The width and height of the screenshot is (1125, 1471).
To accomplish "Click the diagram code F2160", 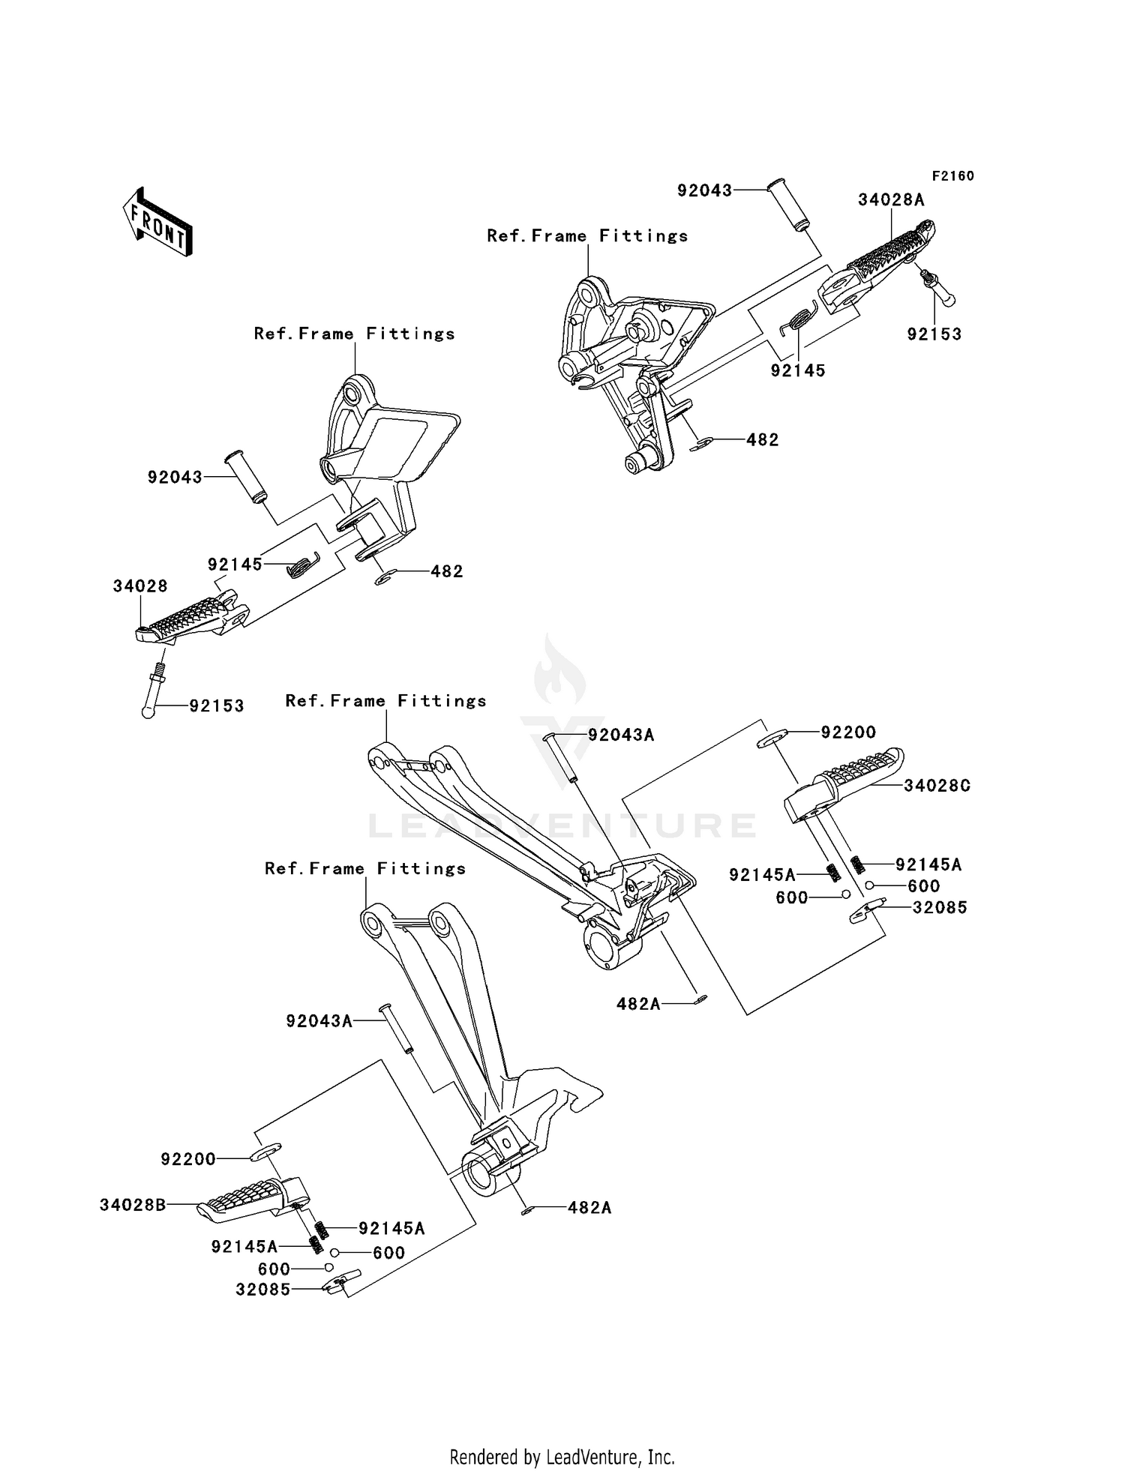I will [952, 176].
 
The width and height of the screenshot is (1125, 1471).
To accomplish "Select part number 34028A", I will [891, 200].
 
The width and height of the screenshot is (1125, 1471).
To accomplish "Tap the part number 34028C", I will [937, 786].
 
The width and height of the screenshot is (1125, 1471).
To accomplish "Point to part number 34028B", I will [133, 1205].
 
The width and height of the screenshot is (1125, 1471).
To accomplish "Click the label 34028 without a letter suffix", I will [140, 586].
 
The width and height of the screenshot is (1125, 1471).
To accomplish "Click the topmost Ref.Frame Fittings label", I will [587, 236].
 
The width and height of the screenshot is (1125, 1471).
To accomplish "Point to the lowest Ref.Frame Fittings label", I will [365, 869].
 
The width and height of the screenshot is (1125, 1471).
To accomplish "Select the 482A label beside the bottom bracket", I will [589, 1208].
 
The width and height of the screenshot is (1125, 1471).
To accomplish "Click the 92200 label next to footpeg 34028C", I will [848, 733].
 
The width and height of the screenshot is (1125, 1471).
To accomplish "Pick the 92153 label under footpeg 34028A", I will [934, 334].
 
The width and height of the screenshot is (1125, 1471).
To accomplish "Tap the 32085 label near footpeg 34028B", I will [262, 1290].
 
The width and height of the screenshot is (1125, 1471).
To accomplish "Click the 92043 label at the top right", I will [704, 190].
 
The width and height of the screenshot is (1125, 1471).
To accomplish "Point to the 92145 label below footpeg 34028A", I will [798, 370].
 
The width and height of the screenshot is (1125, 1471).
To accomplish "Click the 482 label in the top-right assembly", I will [762, 440].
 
